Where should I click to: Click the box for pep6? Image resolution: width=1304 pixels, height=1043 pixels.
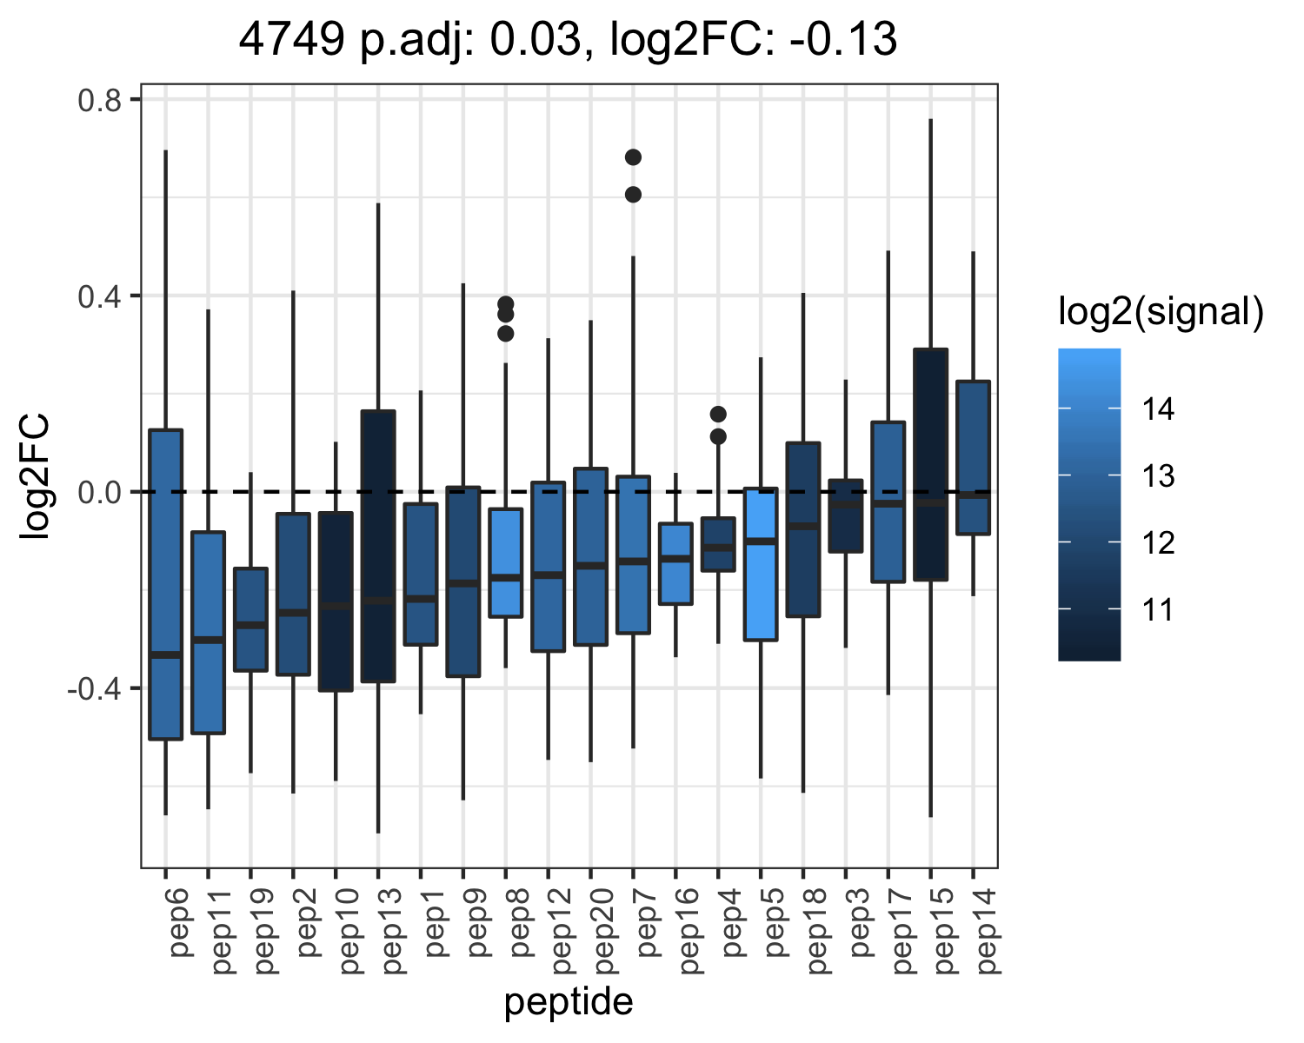pyautogui.click(x=166, y=584)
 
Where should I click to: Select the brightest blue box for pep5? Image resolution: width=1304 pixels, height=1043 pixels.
pyautogui.click(x=761, y=563)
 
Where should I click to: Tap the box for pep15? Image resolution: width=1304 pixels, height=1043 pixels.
pyautogui.click(x=931, y=465)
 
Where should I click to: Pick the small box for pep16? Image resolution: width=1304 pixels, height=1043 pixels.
pyautogui.click(x=675, y=563)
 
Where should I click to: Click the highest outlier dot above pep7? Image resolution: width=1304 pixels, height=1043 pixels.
pyautogui.click(x=633, y=157)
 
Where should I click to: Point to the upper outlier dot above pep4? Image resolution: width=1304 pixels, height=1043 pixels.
pyautogui.click(x=718, y=415)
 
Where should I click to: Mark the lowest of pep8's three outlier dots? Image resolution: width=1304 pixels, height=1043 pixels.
pyautogui.click(x=506, y=333)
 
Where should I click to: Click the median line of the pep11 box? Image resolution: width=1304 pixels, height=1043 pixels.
pyautogui.click(x=209, y=640)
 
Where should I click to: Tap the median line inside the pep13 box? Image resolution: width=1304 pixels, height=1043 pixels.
pyautogui.click(x=378, y=601)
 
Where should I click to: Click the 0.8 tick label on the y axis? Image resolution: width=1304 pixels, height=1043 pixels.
pyautogui.click(x=100, y=99)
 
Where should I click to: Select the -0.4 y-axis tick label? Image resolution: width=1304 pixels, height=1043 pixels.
pyautogui.click(x=95, y=688)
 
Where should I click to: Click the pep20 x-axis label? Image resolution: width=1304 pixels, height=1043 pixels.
pyautogui.click(x=604, y=931)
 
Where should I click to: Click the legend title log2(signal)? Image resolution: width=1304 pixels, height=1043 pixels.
pyautogui.click(x=1161, y=311)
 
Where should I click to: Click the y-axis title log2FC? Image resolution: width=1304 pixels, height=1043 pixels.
pyautogui.click(x=35, y=475)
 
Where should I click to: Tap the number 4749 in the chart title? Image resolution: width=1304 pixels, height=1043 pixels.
pyautogui.click(x=291, y=39)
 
